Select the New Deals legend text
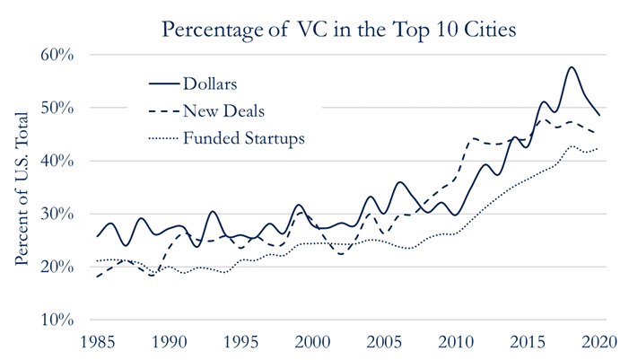[x=223, y=111]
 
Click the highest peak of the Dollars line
[x=572, y=67]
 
